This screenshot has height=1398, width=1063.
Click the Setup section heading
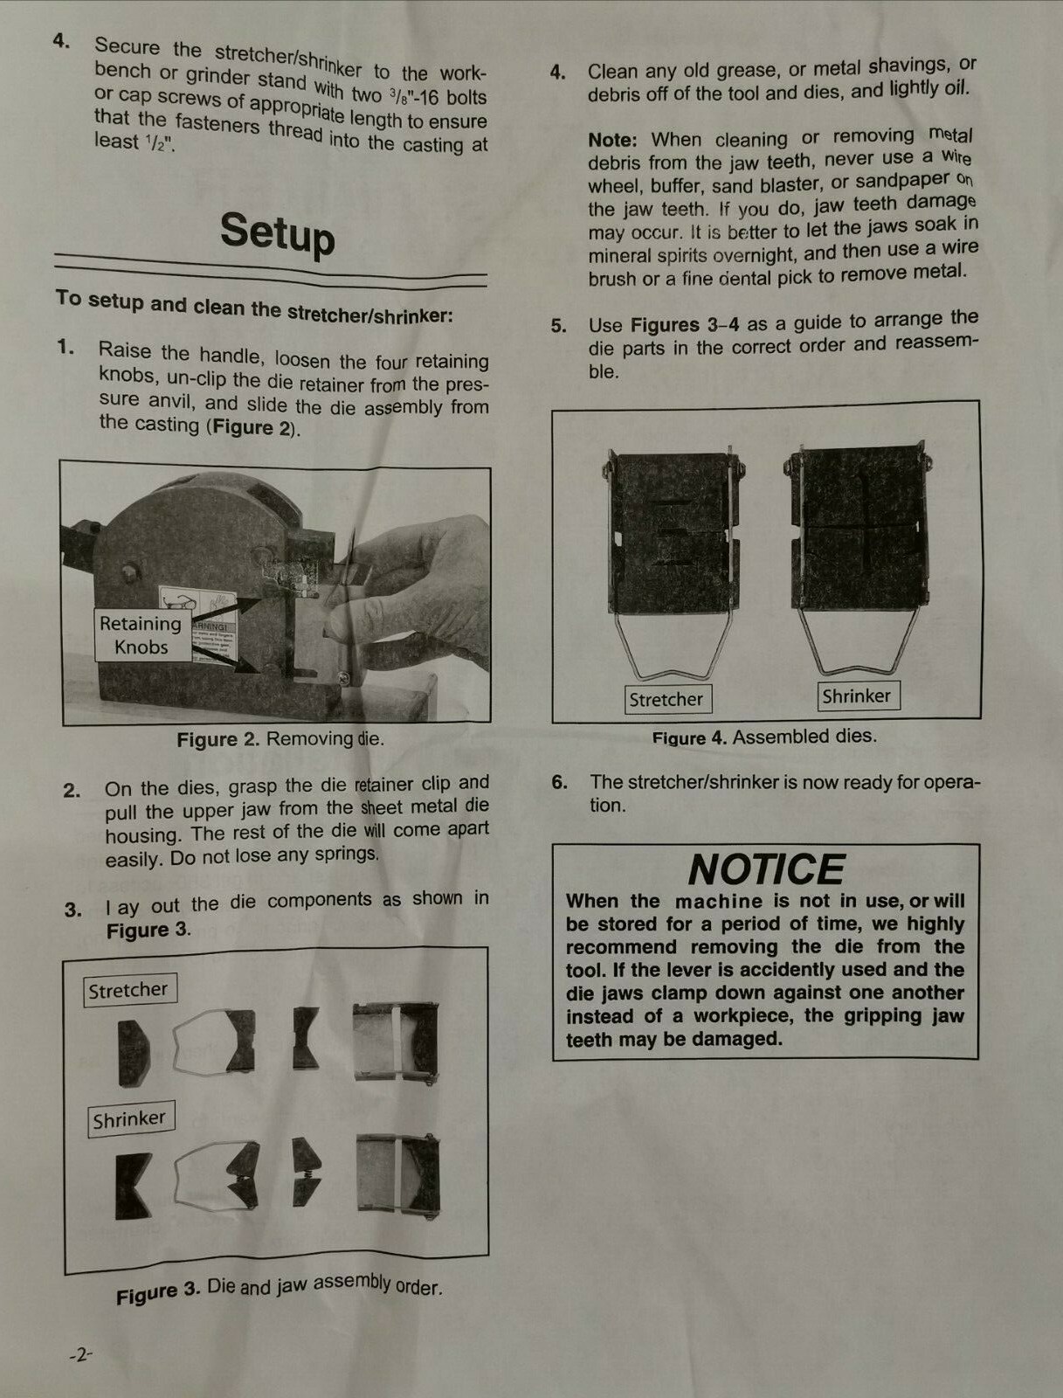[x=278, y=235]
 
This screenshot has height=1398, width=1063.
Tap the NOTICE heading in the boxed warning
[x=766, y=869]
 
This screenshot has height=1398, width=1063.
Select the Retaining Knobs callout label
[x=142, y=635]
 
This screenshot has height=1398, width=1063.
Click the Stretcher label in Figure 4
[x=666, y=699]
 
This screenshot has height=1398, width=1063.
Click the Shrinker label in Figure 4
[x=857, y=696]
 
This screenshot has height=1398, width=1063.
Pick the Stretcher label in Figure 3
[x=129, y=990]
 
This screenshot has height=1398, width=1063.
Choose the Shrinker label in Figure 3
[x=130, y=1119]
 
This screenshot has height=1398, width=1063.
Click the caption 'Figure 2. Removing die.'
[x=280, y=739]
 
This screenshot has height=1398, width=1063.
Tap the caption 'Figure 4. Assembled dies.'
[x=764, y=737]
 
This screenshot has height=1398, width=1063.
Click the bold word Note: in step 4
[x=612, y=140]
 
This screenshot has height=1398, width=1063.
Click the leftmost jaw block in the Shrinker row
[x=133, y=1186]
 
